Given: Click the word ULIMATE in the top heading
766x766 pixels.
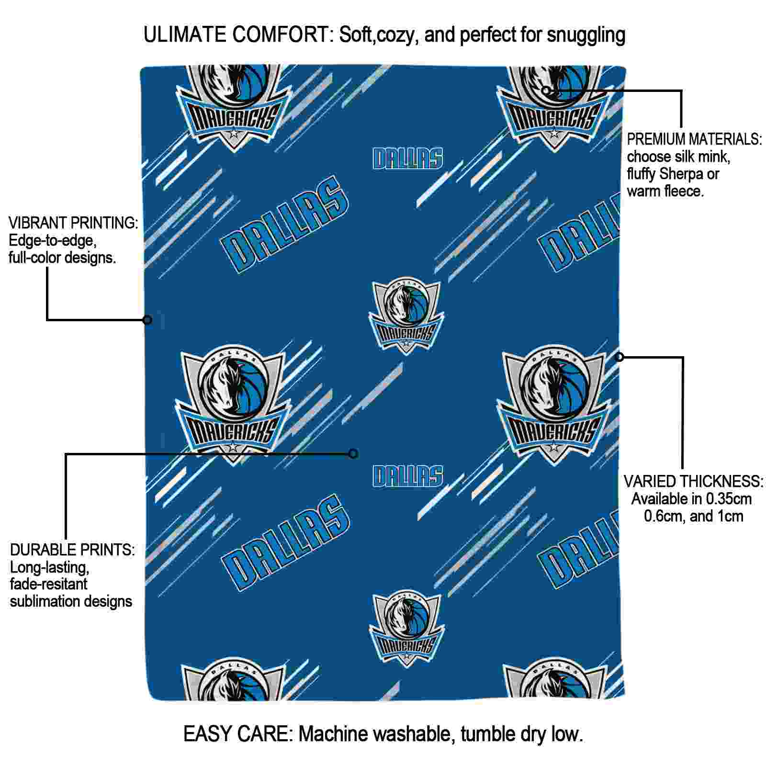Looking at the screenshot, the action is [185, 34].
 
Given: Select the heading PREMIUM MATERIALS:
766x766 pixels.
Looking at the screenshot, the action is [694, 139].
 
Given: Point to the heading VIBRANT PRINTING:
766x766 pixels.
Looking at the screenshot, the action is [73, 223].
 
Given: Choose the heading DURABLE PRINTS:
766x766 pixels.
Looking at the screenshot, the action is [72, 550].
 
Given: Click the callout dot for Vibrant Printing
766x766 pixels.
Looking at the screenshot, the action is [147, 320].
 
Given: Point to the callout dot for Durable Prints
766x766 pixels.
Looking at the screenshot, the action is [353, 453].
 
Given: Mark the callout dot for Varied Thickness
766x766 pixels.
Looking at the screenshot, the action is [620, 357].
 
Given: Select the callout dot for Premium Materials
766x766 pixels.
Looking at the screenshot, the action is [546, 90].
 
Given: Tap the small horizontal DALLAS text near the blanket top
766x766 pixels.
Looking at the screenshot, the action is [408, 158].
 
